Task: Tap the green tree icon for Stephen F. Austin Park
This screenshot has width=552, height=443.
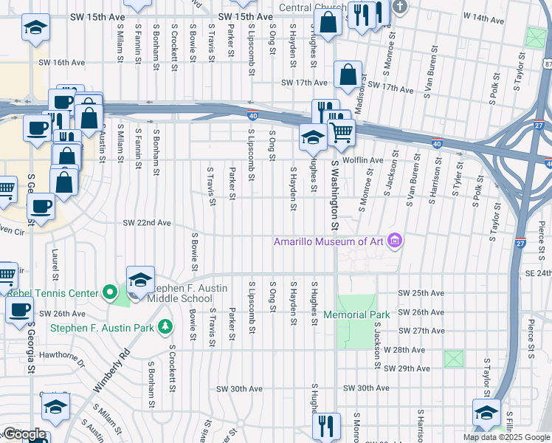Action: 165,326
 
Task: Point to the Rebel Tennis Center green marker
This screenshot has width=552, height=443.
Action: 110,293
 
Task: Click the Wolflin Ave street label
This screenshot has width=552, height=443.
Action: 366,159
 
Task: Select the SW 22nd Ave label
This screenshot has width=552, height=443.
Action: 147,222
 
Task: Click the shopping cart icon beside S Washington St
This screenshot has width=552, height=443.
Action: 341,133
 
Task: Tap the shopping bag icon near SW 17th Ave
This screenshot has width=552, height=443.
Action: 348,75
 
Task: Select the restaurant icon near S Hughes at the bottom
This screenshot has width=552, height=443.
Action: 325,426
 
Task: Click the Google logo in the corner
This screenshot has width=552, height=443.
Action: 24,433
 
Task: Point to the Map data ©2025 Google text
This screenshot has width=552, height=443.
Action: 506,437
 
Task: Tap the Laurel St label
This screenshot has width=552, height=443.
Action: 55,259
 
